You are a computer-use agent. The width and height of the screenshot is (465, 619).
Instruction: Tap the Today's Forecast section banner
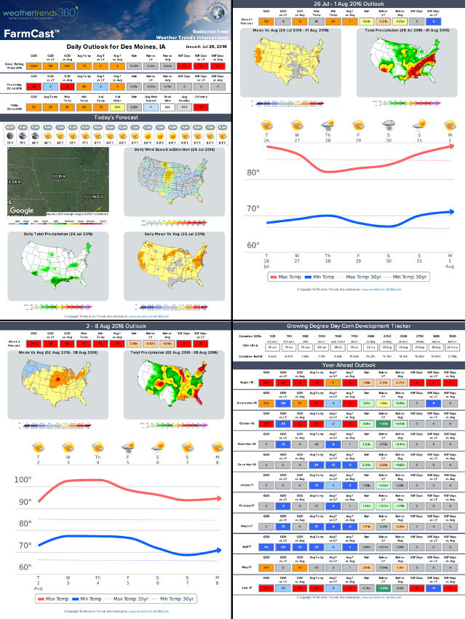pyautogui.click(x=116, y=117)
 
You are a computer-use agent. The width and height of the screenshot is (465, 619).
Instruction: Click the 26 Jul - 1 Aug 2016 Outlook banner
pyautogui.click(x=348, y=4)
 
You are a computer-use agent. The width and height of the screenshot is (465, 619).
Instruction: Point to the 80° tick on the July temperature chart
pyautogui.click(x=253, y=173)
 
